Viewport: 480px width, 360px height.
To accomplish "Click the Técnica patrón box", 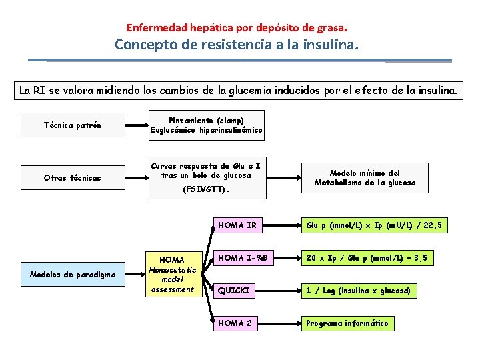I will coord(73,125).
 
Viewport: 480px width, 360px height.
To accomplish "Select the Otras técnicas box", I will coord(73,178).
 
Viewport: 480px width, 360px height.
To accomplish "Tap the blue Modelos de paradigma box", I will coord(73,273).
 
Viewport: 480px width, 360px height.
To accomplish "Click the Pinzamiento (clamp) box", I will coord(206,125).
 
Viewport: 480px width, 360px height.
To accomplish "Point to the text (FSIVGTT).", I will coord(206,189).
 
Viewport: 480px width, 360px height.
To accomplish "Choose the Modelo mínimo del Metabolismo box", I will coord(365,178).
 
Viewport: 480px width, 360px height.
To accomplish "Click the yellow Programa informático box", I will coord(347,323).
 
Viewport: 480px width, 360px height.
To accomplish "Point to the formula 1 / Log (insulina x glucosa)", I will coord(358,290).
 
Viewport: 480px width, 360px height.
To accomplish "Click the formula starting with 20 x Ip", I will coord(367,257).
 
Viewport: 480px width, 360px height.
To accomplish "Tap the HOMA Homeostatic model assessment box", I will coord(172,273).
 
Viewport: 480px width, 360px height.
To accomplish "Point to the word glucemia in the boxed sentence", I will coord(240,89).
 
